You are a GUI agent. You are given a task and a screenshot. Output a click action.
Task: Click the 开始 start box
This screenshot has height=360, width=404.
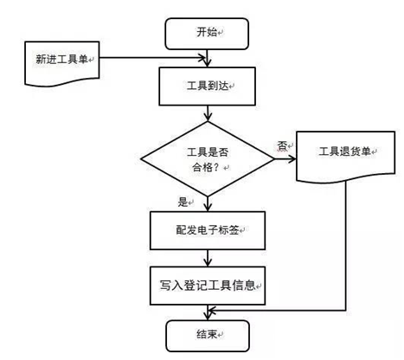207,34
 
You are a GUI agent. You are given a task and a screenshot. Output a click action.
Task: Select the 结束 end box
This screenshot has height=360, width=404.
208,336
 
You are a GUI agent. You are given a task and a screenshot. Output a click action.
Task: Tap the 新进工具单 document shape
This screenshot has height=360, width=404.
62,63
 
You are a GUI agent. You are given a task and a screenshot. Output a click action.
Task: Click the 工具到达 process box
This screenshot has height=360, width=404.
208,87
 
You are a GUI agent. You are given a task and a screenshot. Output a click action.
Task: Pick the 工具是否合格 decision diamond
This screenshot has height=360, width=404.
208,159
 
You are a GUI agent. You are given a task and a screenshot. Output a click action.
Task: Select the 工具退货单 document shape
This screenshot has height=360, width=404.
346,156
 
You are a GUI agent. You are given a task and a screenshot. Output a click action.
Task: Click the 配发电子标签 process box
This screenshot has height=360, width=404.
208,230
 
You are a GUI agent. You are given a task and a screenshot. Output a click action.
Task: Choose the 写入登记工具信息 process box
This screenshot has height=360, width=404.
208,286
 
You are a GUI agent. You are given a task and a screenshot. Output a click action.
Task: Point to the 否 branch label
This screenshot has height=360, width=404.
282,145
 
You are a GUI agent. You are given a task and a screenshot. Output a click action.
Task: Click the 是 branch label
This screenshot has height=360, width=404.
183,202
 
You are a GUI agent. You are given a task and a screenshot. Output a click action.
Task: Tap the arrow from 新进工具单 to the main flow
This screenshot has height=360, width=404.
153,58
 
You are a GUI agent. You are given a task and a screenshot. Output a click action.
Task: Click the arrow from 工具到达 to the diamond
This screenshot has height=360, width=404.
208,113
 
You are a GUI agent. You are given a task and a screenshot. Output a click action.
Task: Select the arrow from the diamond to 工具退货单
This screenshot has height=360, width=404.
285,158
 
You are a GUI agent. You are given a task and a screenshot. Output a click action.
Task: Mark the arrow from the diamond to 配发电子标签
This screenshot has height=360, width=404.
208,204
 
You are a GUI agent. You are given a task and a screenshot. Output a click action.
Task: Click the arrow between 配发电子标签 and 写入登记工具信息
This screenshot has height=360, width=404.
208,258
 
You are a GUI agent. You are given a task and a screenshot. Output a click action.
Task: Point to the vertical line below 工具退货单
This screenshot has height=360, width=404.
345,246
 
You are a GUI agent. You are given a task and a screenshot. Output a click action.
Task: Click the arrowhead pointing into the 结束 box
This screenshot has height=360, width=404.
208,316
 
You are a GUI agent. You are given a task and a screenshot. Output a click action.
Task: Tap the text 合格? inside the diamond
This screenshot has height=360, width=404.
207,167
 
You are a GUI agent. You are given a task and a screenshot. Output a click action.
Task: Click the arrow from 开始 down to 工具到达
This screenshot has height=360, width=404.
207,58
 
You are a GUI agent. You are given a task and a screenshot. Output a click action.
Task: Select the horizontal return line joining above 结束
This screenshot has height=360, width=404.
277,311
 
